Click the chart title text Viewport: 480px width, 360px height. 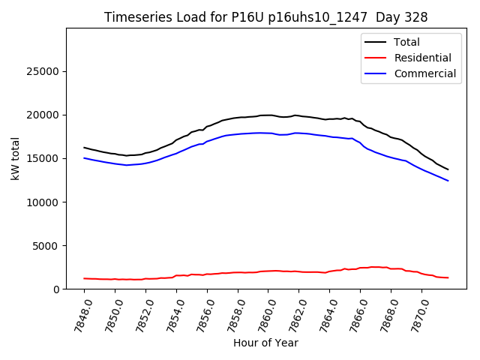point(265,17)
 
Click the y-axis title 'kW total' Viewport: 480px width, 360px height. point(16,159)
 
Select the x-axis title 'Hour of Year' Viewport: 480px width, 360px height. point(265,343)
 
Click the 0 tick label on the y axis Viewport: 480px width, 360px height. point(56,289)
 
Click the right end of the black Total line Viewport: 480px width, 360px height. point(448,169)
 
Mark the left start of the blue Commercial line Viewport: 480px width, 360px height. point(84,157)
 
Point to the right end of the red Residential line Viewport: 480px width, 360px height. point(448,277)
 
